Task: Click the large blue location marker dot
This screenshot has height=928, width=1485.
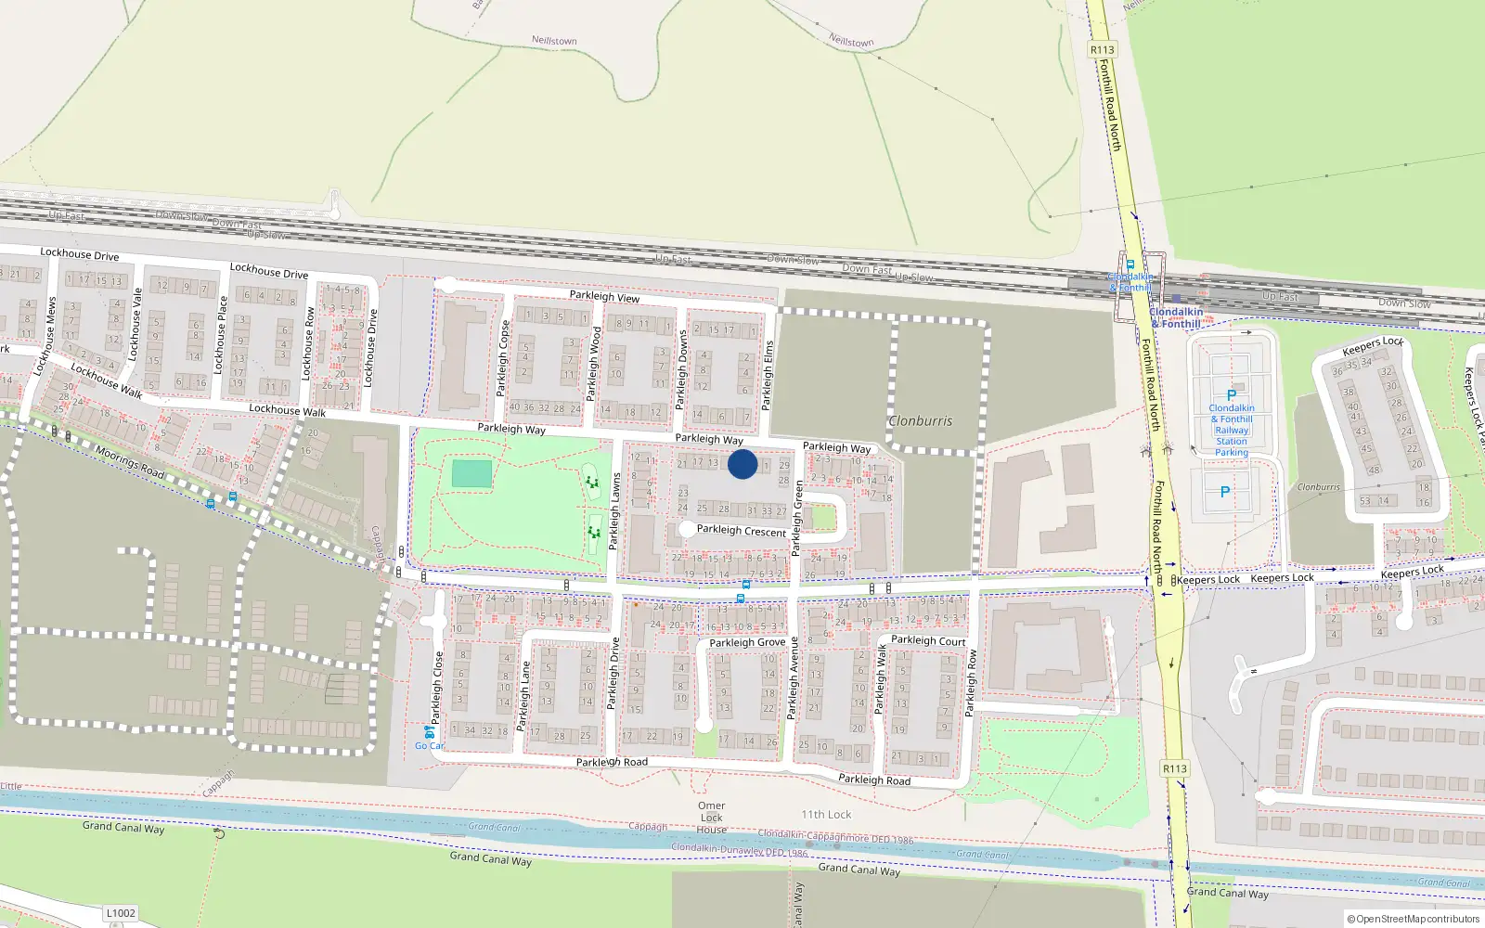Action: [742, 464]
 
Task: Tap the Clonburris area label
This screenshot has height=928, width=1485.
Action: [920, 421]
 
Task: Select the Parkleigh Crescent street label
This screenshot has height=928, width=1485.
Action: [741, 531]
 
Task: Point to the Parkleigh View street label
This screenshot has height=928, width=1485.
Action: [604, 296]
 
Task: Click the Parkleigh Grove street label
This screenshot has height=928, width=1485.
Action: [747, 642]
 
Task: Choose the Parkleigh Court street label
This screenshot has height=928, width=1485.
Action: [928, 640]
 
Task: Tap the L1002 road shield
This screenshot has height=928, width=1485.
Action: [121, 913]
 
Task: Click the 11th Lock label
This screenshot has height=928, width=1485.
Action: [826, 815]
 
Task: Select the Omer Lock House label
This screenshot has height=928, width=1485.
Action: [712, 818]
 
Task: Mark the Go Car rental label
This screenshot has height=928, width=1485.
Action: [429, 745]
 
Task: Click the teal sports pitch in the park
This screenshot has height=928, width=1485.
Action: [471, 473]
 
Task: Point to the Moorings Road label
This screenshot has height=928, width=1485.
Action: [130, 462]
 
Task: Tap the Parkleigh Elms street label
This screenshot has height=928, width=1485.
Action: [768, 376]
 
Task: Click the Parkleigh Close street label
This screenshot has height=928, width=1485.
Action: [437, 688]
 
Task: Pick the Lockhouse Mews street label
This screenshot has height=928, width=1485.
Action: [45, 335]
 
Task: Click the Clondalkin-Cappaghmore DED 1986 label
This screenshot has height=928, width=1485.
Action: [835, 837]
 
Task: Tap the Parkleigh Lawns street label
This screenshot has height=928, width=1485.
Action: [614, 511]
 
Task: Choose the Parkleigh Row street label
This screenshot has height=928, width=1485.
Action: [971, 682]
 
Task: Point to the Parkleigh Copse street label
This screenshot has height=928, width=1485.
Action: [504, 358]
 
